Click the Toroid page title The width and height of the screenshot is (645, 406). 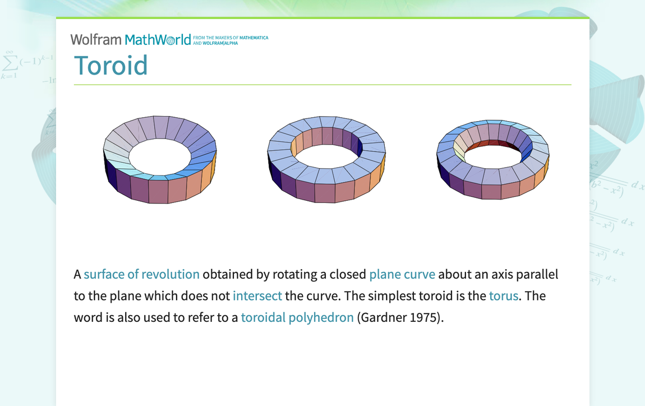click(111, 66)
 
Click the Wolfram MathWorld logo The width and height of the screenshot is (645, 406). click(131, 39)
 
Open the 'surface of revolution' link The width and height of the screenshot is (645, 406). click(141, 274)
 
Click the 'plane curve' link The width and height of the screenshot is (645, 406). click(402, 274)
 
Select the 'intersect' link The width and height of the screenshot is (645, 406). click(257, 296)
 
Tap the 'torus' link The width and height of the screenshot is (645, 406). click(503, 296)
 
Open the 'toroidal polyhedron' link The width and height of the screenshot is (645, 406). click(297, 317)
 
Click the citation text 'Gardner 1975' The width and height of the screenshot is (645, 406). click(399, 317)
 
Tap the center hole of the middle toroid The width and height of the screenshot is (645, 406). click(326, 155)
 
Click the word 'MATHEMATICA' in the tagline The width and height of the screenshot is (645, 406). click(254, 38)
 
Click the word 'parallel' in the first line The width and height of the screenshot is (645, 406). click(537, 274)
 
